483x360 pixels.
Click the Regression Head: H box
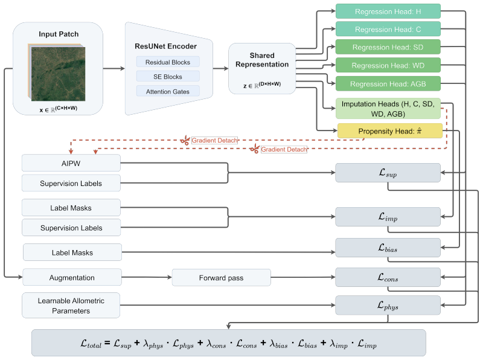point(388,11)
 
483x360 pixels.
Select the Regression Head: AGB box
point(388,84)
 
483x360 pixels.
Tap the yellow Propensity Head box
point(390,131)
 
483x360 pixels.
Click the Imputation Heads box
point(388,109)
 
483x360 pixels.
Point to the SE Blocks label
point(168,77)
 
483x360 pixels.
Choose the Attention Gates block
point(168,92)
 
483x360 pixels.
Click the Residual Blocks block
point(168,62)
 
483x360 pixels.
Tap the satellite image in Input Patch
point(58,74)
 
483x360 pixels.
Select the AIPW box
point(71,163)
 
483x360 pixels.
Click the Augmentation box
point(72,277)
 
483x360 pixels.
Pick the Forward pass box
point(221,278)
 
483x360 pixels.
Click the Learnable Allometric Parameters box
point(71,306)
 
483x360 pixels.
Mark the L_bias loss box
point(388,248)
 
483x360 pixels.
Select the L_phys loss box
point(388,306)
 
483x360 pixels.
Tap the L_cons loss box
point(388,277)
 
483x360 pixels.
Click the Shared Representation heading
point(262,60)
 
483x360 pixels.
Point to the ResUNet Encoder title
point(165,47)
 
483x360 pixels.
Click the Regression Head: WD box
point(388,65)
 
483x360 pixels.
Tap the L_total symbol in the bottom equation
point(91,344)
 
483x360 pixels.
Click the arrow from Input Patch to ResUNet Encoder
point(114,68)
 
